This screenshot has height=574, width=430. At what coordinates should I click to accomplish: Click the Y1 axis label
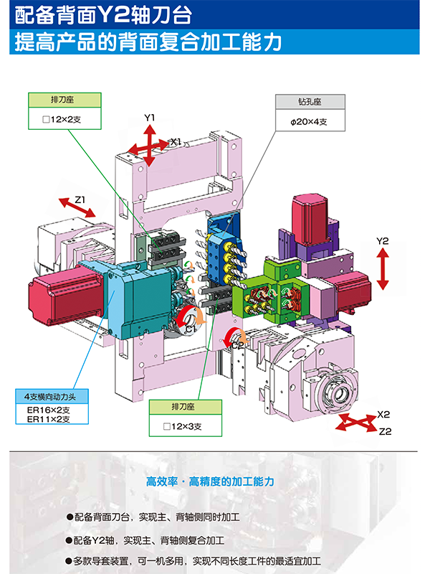point(150,117)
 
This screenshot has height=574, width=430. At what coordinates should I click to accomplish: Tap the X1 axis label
point(176,142)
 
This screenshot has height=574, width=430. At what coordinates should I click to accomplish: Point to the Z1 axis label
point(80,199)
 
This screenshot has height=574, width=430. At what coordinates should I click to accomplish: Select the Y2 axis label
point(383,241)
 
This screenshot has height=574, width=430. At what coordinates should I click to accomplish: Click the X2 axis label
point(383,415)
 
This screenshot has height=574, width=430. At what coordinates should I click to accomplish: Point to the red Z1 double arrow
point(78,209)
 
